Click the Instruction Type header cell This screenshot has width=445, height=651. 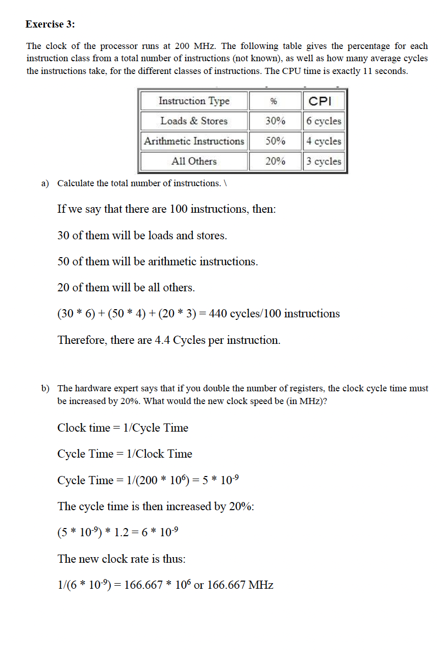click(194, 101)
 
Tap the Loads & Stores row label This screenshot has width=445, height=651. click(194, 121)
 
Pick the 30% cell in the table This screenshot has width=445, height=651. click(275, 121)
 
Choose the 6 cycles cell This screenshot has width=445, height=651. click(324, 121)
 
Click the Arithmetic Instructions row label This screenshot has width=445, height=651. click(194, 141)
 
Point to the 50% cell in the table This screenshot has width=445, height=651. click(275, 141)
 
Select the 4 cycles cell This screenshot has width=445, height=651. click(324, 141)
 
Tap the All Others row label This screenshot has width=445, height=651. click(194, 161)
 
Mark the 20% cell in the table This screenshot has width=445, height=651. click(275, 161)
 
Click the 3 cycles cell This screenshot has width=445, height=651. click(324, 161)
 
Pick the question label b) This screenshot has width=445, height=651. click(45, 389)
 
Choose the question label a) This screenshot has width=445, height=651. click(45, 183)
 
